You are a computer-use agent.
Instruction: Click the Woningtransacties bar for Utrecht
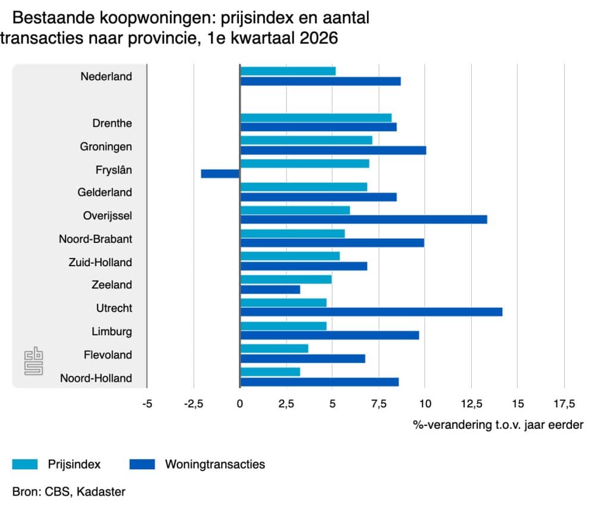click(x=371, y=311)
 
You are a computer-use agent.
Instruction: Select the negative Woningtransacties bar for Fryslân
click(x=220, y=173)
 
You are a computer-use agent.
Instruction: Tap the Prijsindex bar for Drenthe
click(x=316, y=117)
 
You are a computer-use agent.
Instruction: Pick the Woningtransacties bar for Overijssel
click(x=363, y=219)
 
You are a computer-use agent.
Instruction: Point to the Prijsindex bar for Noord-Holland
click(x=270, y=372)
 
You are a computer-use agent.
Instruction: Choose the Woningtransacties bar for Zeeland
click(x=270, y=289)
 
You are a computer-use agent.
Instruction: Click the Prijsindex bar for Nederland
click(x=288, y=71)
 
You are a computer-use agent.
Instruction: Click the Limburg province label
click(x=111, y=332)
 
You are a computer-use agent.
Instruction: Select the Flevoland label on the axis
click(x=108, y=355)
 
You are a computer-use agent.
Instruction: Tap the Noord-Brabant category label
click(x=95, y=239)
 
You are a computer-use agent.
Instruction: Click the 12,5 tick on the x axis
click(x=471, y=405)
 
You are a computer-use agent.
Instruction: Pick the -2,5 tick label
click(x=194, y=405)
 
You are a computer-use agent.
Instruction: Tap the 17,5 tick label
click(x=564, y=405)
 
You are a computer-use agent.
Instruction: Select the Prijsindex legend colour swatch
click(x=26, y=464)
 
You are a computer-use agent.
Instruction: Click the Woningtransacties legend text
click(x=214, y=465)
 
